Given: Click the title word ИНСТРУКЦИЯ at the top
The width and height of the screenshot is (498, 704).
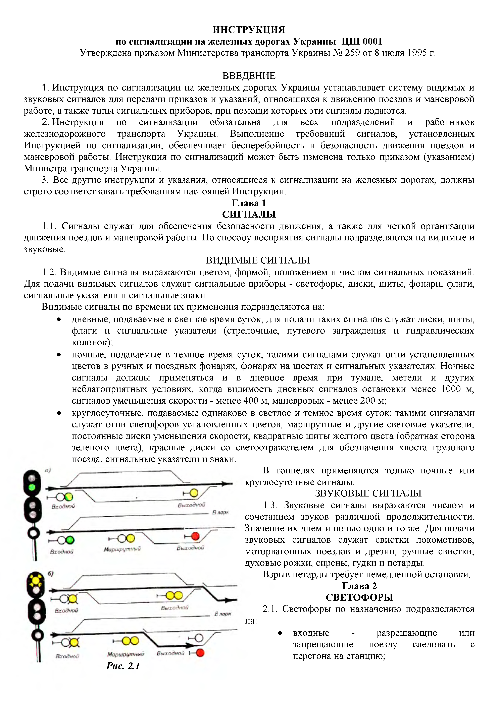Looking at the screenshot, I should click(249, 30).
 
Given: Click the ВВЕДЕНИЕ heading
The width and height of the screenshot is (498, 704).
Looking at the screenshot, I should click(249, 76).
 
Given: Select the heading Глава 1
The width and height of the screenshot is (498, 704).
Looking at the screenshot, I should click(249, 203).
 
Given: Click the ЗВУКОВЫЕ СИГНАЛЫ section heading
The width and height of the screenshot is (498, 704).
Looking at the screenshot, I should click(368, 493).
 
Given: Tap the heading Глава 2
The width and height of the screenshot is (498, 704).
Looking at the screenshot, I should click(359, 586).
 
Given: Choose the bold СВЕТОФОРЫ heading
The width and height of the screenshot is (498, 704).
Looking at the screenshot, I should click(359, 598).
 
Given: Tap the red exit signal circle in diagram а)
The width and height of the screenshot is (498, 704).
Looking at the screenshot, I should click(195, 536).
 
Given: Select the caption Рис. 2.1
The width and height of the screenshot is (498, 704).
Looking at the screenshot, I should click(123, 666).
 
